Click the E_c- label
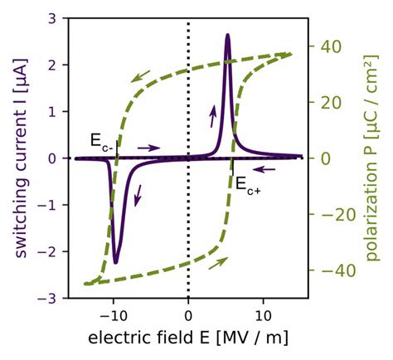(102, 140)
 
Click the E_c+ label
(246, 184)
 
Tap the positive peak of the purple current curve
(227, 36)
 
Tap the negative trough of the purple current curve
(116, 262)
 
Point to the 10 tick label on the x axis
(264, 315)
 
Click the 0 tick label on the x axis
(188, 315)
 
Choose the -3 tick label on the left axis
(49, 298)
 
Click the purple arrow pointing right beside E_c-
(148, 148)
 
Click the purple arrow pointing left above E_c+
(264, 168)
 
